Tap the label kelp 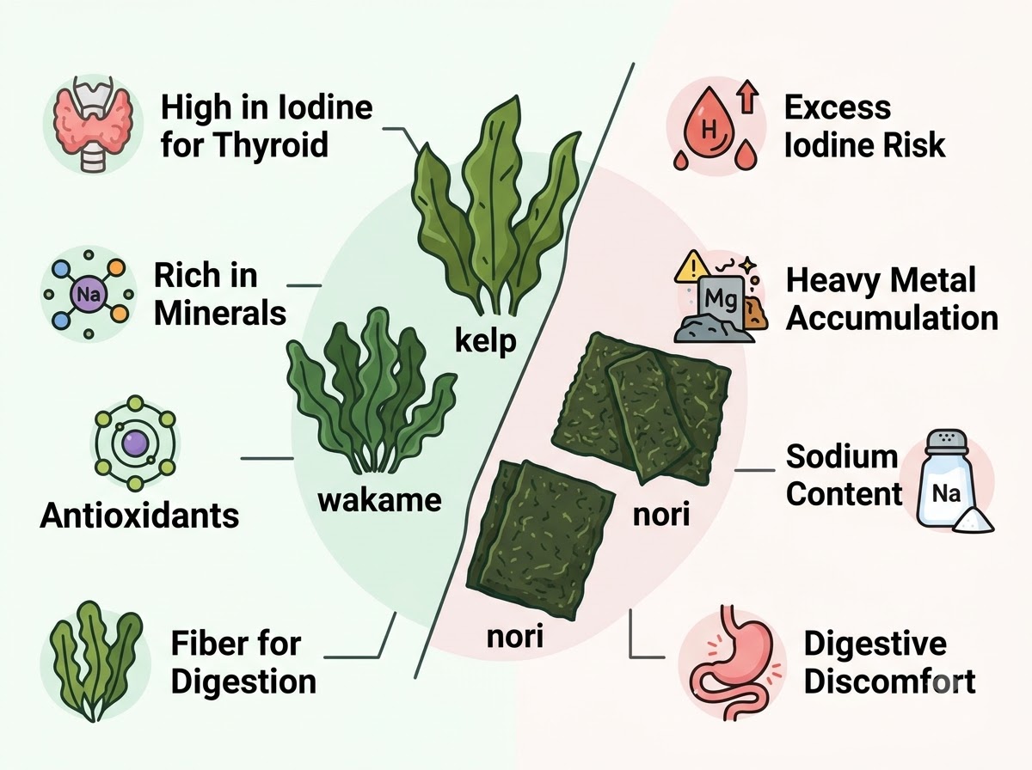point(486,341)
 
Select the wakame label point(379,500)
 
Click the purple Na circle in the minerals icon point(89,295)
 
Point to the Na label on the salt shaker point(946,494)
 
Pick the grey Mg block point(721,302)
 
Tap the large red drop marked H point(711,124)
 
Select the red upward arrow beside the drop point(748,96)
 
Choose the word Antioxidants point(139,516)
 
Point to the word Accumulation point(892,319)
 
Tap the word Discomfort point(889,681)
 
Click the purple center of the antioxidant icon point(135,443)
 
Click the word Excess point(838,107)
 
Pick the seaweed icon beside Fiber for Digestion point(95,661)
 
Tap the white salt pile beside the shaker point(974,522)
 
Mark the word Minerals point(220,314)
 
